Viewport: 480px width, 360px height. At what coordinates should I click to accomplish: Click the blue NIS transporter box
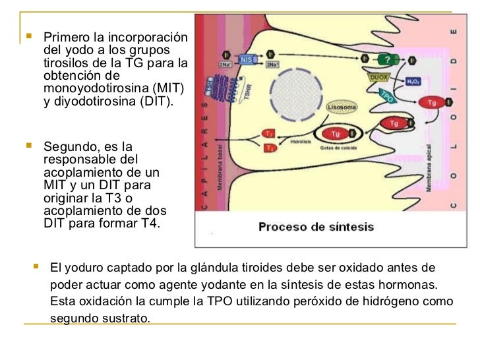(245, 59)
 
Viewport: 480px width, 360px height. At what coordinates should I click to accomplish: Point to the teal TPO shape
(388, 96)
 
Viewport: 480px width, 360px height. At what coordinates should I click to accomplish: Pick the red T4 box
(269, 148)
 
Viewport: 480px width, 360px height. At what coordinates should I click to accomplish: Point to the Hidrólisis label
(300, 141)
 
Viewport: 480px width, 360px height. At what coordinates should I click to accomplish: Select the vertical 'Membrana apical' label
(429, 168)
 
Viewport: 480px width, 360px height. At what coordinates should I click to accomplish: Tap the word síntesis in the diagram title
(349, 227)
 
